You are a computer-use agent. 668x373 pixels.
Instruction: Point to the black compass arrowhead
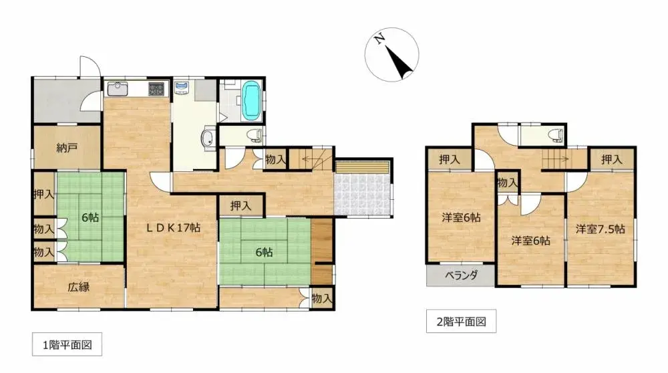tap(401, 64)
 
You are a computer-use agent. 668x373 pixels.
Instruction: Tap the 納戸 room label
tap(65, 148)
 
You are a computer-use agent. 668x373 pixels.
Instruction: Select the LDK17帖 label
tap(174, 227)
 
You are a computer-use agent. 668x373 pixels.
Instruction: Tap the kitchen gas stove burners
tap(156, 88)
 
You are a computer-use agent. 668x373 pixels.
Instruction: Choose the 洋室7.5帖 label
tap(601, 229)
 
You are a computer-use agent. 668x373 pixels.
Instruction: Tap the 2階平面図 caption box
tap(461, 322)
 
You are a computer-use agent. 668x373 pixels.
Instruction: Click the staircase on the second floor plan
tap(556, 160)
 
